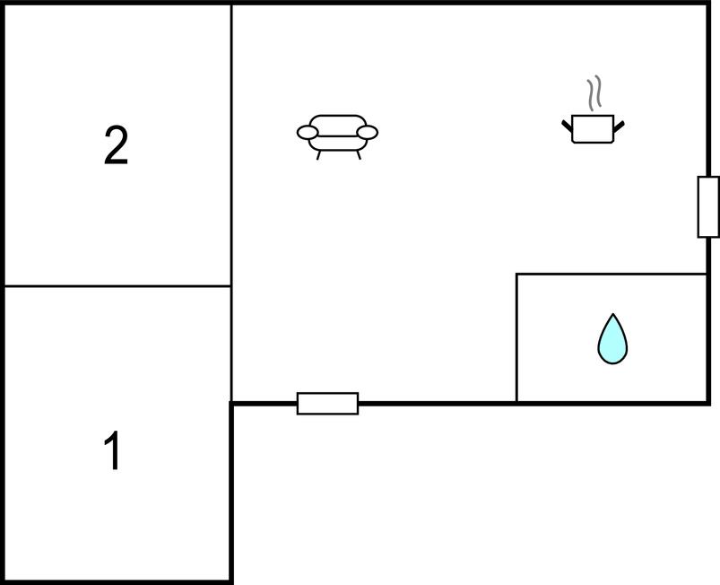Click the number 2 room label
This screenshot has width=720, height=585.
[x=116, y=146]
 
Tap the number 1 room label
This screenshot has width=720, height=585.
[x=113, y=451]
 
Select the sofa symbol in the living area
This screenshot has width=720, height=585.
[x=337, y=135]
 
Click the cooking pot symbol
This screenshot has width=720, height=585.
[x=593, y=128]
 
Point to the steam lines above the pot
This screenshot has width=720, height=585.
[x=593, y=93]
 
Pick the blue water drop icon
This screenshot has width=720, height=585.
[x=612, y=340]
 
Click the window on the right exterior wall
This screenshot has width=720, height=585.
[x=708, y=207]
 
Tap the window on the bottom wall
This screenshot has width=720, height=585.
[x=327, y=404]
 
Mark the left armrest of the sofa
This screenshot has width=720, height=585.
[x=308, y=134]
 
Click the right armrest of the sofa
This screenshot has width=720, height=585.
[x=367, y=133]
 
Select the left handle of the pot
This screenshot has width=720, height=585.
[x=568, y=124]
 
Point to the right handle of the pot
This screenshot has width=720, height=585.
[x=619, y=124]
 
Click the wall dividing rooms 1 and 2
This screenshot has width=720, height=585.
[x=117, y=286]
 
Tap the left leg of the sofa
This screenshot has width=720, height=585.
[x=318, y=154]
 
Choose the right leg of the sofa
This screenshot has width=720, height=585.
[x=358, y=154]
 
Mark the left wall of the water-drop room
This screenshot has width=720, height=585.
[x=516, y=337]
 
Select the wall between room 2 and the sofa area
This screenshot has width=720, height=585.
[x=231, y=144]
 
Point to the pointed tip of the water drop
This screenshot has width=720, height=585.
[x=612, y=316]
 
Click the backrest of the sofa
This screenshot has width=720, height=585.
[x=337, y=120]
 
